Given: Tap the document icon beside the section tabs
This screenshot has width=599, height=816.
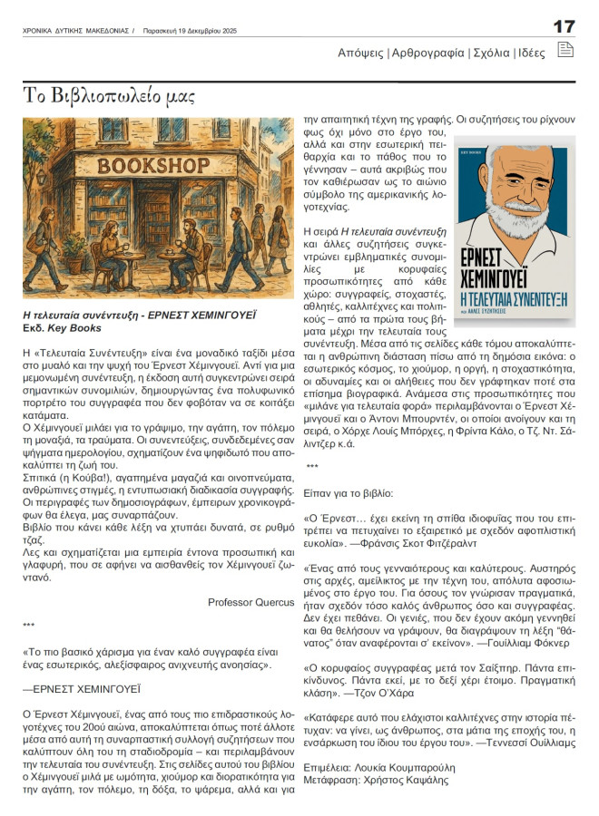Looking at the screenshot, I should (x=565, y=51).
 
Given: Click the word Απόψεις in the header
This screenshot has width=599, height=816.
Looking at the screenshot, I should (x=360, y=53).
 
